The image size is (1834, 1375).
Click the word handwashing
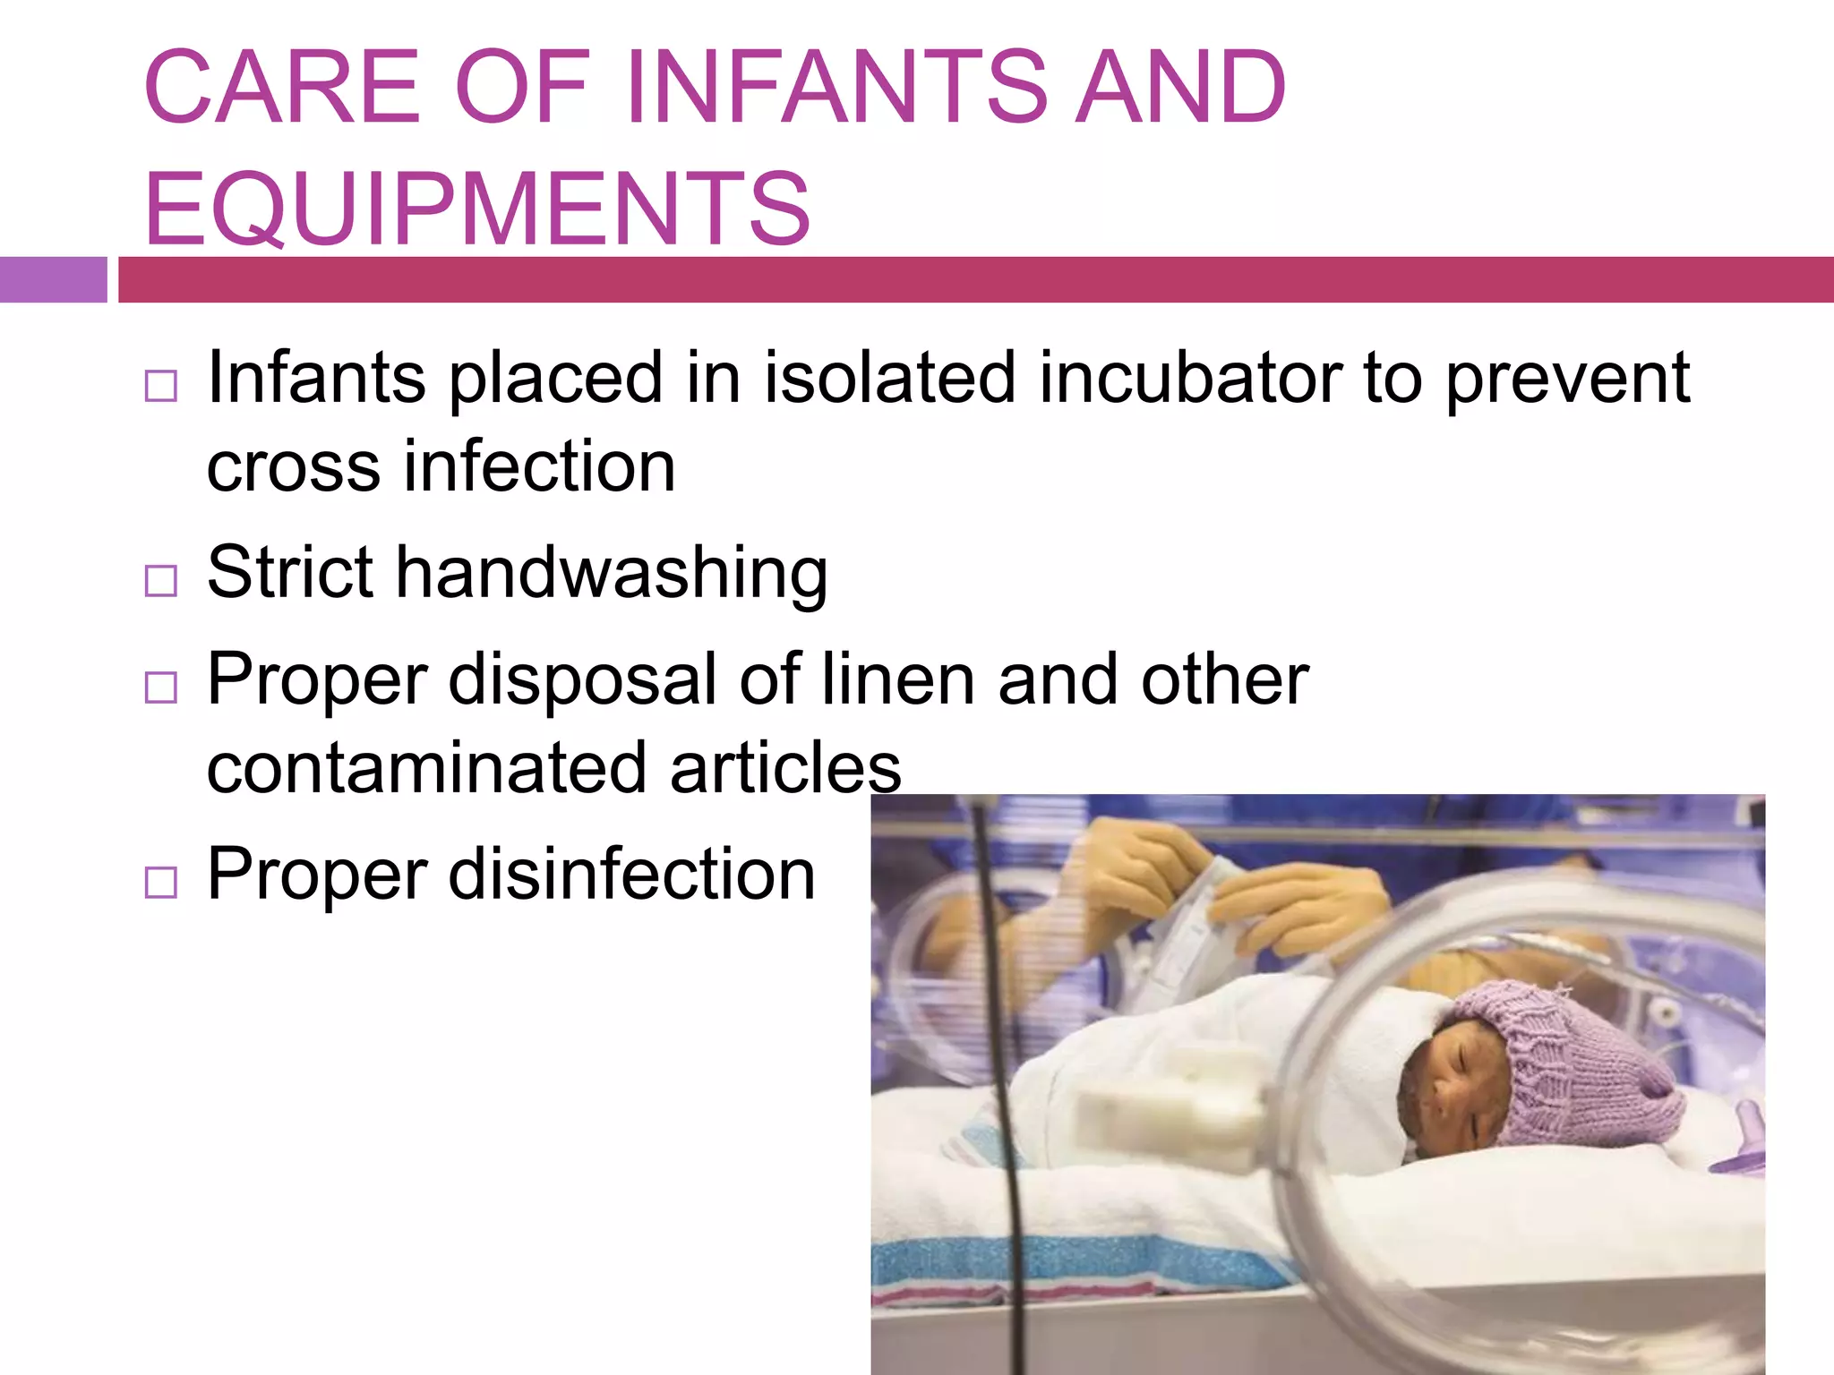(612, 573)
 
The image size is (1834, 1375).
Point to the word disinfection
(631, 875)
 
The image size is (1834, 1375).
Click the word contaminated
(426, 768)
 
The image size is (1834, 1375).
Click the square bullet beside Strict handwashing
(161, 581)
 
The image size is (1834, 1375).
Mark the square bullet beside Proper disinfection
(161, 883)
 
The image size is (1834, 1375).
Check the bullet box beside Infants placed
(161, 386)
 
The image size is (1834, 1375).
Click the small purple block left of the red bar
(53, 279)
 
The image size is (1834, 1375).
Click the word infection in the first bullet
(539, 467)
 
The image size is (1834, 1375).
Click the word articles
(785, 768)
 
